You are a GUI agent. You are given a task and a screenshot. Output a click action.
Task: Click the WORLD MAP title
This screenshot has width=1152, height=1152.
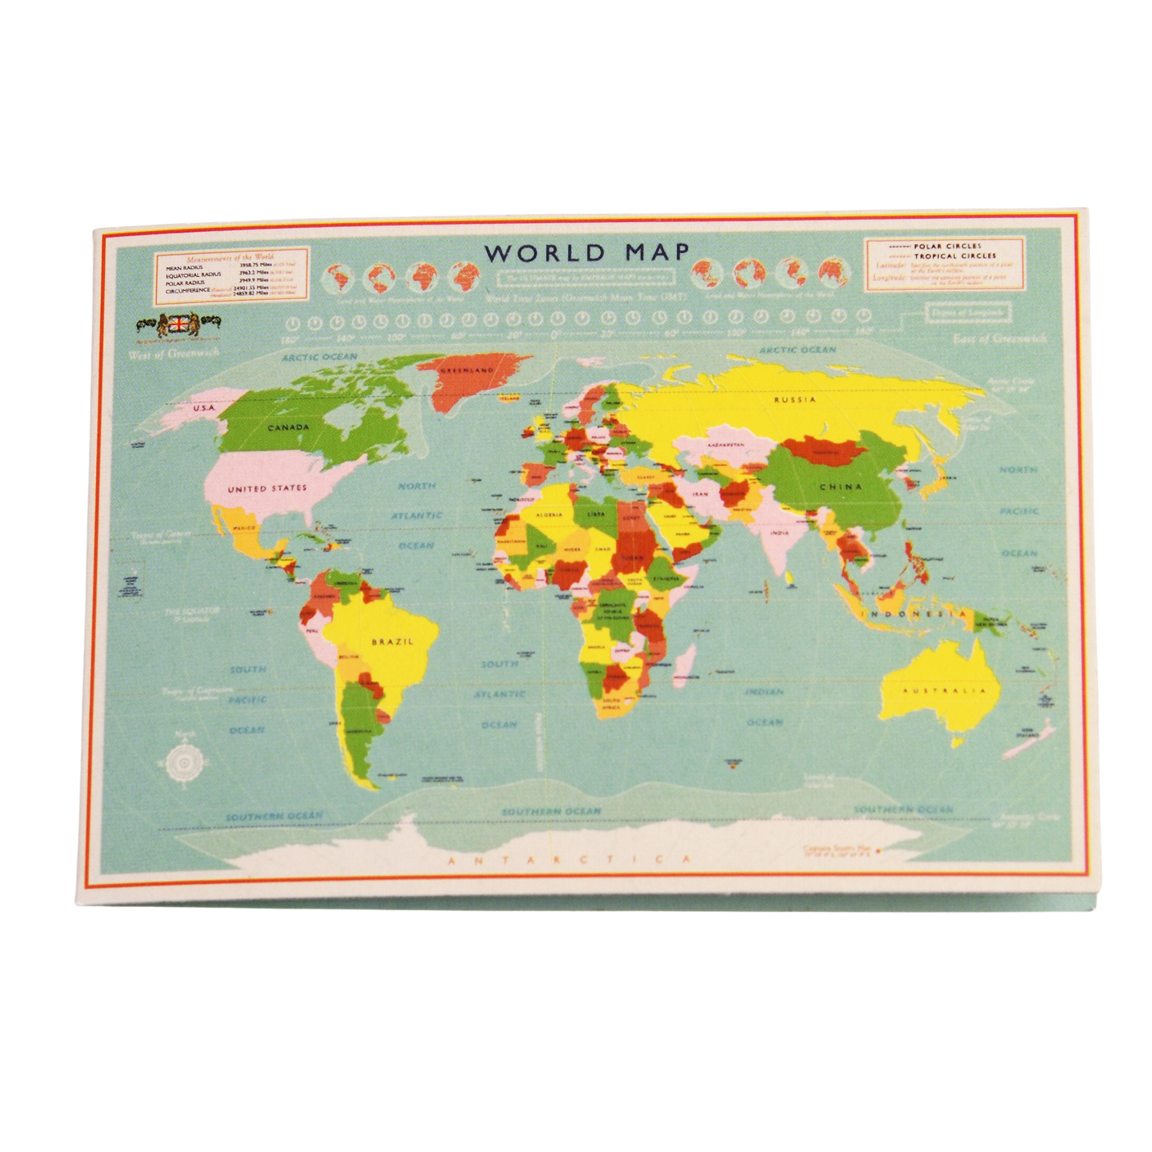(587, 253)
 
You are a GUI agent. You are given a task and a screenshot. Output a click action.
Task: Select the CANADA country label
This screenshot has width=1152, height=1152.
(288, 427)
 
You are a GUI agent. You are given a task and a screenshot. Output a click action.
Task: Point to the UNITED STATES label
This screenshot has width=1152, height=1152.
(268, 488)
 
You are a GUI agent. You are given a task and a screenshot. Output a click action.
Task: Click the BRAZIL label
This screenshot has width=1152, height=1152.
(392, 642)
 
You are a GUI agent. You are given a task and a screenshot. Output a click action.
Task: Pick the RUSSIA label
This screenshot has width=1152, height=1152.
(795, 399)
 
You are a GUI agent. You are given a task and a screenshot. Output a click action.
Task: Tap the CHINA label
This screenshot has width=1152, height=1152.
(841, 487)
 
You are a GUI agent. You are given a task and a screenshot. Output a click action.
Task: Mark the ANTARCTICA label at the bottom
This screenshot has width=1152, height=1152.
(569, 859)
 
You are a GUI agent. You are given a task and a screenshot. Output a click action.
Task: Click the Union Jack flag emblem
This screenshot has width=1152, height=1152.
(178, 324)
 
